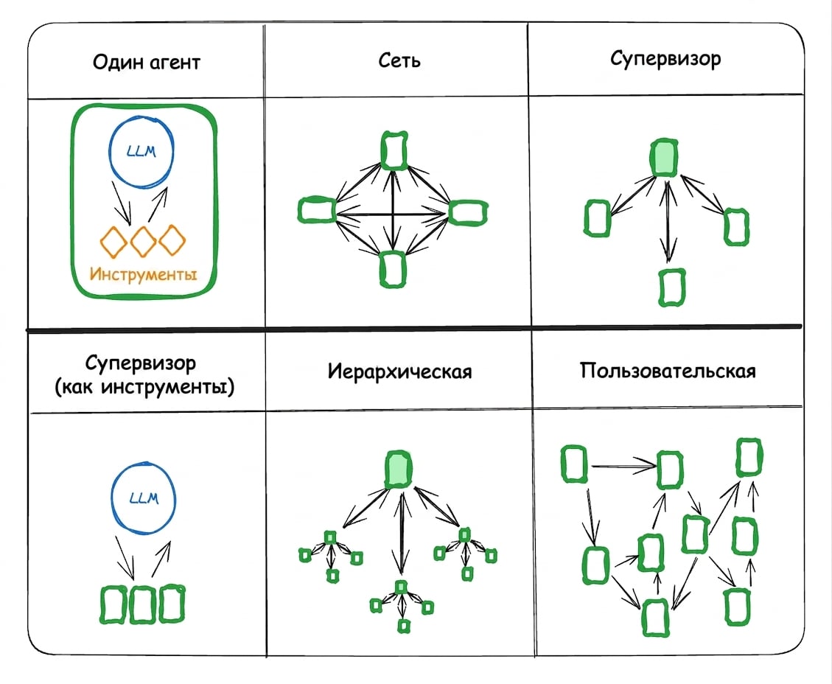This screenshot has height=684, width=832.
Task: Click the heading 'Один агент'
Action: tap(147, 63)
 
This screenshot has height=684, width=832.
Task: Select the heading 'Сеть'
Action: tap(399, 60)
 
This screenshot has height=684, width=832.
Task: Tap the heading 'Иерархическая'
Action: tap(399, 371)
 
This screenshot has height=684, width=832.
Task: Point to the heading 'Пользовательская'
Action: tap(668, 371)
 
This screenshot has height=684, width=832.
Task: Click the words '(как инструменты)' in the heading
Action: tap(144, 387)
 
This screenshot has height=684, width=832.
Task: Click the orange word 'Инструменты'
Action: tap(143, 273)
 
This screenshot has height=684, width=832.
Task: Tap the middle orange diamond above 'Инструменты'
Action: tap(143, 241)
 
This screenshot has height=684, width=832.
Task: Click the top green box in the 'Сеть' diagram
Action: tap(394, 150)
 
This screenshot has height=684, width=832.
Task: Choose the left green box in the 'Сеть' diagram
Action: tap(317, 209)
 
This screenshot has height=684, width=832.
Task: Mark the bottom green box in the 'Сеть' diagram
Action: tap(393, 269)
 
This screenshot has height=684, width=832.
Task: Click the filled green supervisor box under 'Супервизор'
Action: tap(664, 158)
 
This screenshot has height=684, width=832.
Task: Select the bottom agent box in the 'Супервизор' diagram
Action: tap(672, 287)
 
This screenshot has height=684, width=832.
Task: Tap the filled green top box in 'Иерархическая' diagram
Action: tap(399, 470)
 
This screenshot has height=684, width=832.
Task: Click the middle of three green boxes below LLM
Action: tap(142, 604)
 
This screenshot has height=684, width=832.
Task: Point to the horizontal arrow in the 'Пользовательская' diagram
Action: tap(624, 466)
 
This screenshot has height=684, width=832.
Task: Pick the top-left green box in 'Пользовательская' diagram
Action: tap(574, 464)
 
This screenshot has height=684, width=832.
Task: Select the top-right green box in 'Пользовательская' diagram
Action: tap(749, 457)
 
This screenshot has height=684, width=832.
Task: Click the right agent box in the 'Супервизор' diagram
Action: tap(736, 227)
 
